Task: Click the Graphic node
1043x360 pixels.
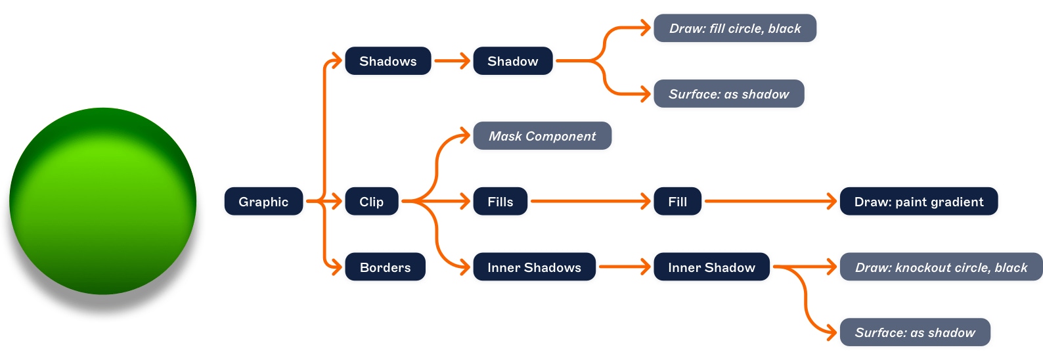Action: click(x=263, y=202)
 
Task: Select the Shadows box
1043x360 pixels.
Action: click(x=388, y=61)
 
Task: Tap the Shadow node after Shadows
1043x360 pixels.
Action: click(x=512, y=61)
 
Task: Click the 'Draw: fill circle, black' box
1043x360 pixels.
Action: click(x=734, y=28)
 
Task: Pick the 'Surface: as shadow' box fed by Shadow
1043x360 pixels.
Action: click(x=728, y=94)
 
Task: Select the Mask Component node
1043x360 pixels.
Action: click(x=542, y=136)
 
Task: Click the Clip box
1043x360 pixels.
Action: click(x=371, y=202)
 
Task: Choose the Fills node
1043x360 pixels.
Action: click(x=500, y=202)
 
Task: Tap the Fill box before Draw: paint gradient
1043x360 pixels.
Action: click(x=677, y=202)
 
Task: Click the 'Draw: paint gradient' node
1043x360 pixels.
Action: click(x=918, y=202)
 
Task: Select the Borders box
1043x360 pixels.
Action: click(x=385, y=267)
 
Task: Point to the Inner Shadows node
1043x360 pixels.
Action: click(x=534, y=267)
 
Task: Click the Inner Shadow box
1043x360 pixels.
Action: click(x=711, y=267)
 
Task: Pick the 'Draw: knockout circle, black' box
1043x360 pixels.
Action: click(x=941, y=267)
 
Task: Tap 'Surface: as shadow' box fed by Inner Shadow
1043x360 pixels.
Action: click(x=914, y=332)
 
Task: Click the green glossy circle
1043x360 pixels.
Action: click(x=103, y=201)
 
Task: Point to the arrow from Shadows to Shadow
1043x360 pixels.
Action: click(x=452, y=61)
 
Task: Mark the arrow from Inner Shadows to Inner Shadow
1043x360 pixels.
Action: click(x=624, y=267)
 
